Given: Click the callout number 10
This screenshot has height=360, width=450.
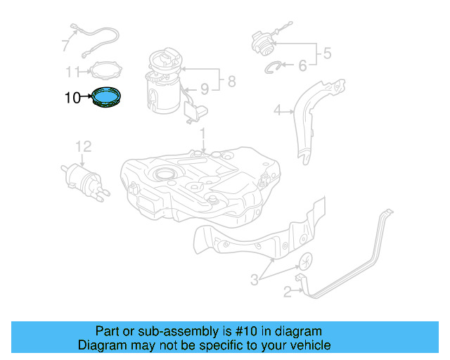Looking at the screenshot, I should tap(72, 98).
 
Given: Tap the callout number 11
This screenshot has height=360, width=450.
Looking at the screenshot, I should tap(75, 71).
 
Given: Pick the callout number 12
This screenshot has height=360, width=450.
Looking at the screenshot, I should tap(84, 146).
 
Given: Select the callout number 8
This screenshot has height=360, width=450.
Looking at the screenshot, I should tap(231, 82).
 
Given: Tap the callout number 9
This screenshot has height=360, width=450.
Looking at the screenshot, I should tap(205, 89).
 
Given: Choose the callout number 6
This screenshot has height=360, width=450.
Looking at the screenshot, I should tap(302, 66).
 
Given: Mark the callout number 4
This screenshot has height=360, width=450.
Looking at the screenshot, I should tap(277, 109).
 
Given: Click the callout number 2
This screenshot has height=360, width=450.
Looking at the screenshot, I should tap(287, 290).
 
